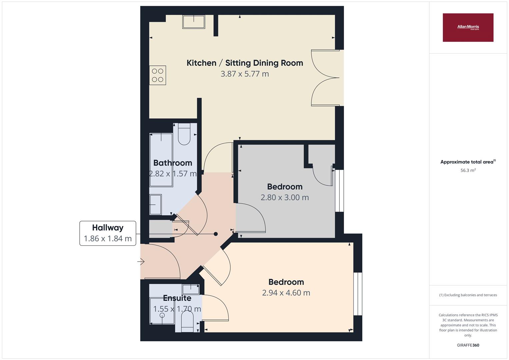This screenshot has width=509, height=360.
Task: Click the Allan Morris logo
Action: [x=468, y=27]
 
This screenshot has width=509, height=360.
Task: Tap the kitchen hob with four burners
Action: [x=157, y=75]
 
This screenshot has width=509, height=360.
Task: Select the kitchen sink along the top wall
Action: [x=194, y=22]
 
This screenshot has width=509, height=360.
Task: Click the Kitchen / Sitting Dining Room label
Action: [x=245, y=63]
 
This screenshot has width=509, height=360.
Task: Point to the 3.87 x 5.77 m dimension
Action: [x=245, y=74]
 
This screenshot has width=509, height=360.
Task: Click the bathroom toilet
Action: [x=184, y=134]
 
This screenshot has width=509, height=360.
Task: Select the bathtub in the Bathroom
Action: [x=161, y=160]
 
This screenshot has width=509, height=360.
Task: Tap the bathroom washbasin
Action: [x=155, y=205]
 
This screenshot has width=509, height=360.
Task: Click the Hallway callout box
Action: [x=108, y=233]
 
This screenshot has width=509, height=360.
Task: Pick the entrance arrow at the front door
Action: [x=141, y=262]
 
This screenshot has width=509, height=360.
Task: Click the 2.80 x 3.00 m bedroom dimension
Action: [x=285, y=197]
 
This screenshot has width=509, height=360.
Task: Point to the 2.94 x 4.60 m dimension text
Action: [x=286, y=293]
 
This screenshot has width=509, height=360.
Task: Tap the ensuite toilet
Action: [x=187, y=321]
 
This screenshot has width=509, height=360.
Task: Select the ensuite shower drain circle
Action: [x=162, y=315]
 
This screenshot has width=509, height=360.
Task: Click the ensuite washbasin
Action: [x=191, y=289]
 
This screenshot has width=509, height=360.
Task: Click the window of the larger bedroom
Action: [x=358, y=294]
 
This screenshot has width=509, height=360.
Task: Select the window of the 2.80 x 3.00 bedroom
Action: [x=339, y=191]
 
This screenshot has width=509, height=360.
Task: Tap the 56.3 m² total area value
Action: [x=468, y=170]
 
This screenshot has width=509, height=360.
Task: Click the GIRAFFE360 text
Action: [x=468, y=345]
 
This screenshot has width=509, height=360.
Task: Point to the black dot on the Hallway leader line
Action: [x=216, y=234]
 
